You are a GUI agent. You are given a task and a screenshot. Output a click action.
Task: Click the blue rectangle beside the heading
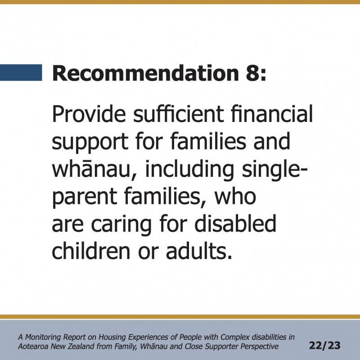pyautogui.click(x=21, y=72)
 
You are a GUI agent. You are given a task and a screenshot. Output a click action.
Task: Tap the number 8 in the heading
pyautogui.click(x=253, y=73)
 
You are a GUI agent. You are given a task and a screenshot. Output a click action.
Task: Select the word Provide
pyautogui.click(x=89, y=114)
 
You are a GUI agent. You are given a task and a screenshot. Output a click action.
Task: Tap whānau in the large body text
pyautogui.click(x=94, y=170)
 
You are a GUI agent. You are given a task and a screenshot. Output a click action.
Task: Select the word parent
pyautogui.click(x=85, y=198)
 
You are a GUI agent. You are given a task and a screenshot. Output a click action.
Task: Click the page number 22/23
pyautogui.click(x=324, y=346)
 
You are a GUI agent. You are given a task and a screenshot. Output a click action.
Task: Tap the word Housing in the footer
pyautogui.click(x=112, y=337)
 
